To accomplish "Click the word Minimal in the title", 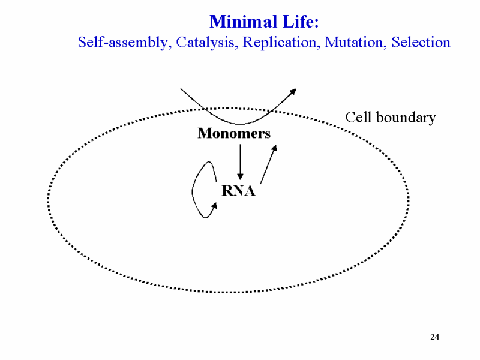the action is pos(243,22).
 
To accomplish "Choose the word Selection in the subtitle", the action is pos(421,42).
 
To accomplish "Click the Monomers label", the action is pos(234,133).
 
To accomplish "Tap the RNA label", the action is pos(238,191).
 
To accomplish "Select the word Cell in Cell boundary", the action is pos(358,117).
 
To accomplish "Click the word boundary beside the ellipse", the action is pos(406,118).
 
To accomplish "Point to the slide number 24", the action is pos(434,337).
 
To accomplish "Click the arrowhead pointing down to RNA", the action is pos(241,176).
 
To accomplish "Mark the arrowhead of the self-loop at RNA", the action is pos(214,206).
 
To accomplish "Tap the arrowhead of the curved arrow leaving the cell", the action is pos(293,92).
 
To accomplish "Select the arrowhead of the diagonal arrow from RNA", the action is pos(275,148).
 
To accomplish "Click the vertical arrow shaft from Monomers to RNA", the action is pos(241,159).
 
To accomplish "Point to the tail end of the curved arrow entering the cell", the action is pos(181,88).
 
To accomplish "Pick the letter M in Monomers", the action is pos(205,133).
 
